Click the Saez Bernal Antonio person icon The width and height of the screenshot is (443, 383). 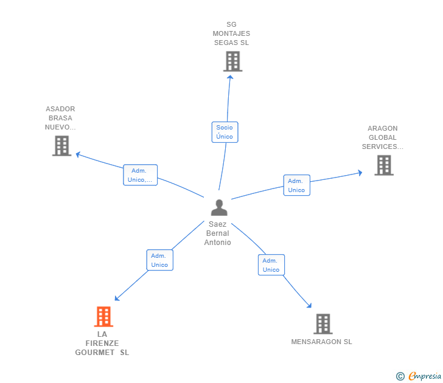click(x=218, y=208)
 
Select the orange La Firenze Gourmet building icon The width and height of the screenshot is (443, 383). click(x=103, y=317)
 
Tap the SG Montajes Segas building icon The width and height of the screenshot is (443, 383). click(x=232, y=61)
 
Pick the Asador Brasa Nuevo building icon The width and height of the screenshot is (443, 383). click(x=61, y=146)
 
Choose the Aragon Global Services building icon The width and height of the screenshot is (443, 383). click(x=383, y=165)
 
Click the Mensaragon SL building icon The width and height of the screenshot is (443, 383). click(x=323, y=324)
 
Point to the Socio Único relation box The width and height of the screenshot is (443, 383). click(x=225, y=132)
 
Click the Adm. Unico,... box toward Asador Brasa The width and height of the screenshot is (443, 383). click(x=140, y=175)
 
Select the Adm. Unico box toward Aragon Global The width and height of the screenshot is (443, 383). click(x=296, y=185)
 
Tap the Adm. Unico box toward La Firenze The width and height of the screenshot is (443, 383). click(x=159, y=260)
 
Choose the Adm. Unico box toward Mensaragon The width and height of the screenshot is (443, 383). click(x=271, y=265)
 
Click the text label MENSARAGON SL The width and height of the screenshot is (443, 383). click(x=321, y=342)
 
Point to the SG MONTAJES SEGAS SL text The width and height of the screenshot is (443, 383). click(x=231, y=33)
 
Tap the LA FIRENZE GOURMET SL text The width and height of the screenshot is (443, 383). click(x=102, y=343)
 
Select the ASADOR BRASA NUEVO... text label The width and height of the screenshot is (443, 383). click(x=60, y=118)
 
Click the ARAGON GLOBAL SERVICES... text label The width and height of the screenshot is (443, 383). click(x=382, y=137)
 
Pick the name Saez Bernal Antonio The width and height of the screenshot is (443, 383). click(x=218, y=233)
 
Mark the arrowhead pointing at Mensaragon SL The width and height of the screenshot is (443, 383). click(x=309, y=306)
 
